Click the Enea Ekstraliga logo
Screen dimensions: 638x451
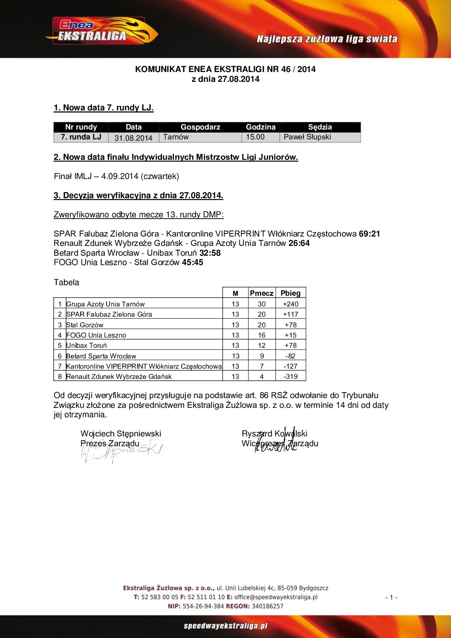[101, 31]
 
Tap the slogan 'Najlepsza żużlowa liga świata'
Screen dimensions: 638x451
[327, 39]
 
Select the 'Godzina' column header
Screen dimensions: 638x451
[260, 127]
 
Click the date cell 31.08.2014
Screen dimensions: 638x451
[133, 138]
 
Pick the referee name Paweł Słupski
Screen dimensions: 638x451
[307, 137]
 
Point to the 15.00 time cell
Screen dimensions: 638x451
[255, 137]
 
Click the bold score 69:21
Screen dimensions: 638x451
[369, 234]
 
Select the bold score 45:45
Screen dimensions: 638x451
[193, 263]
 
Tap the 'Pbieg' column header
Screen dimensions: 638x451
[290, 293]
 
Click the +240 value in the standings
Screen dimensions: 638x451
[291, 304]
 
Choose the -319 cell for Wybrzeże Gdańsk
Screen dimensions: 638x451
[291, 376]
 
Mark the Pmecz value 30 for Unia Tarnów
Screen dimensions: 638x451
[262, 304]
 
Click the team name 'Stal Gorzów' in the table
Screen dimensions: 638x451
[85, 325]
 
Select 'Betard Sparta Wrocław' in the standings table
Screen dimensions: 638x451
[101, 356]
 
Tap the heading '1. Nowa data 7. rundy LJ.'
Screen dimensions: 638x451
[104, 108]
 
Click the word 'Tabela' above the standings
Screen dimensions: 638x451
[66, 282]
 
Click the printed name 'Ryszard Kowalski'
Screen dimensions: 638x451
[275, 433]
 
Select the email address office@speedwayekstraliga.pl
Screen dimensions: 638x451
[276, 597]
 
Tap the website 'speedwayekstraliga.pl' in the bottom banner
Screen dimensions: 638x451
[225, 626]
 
